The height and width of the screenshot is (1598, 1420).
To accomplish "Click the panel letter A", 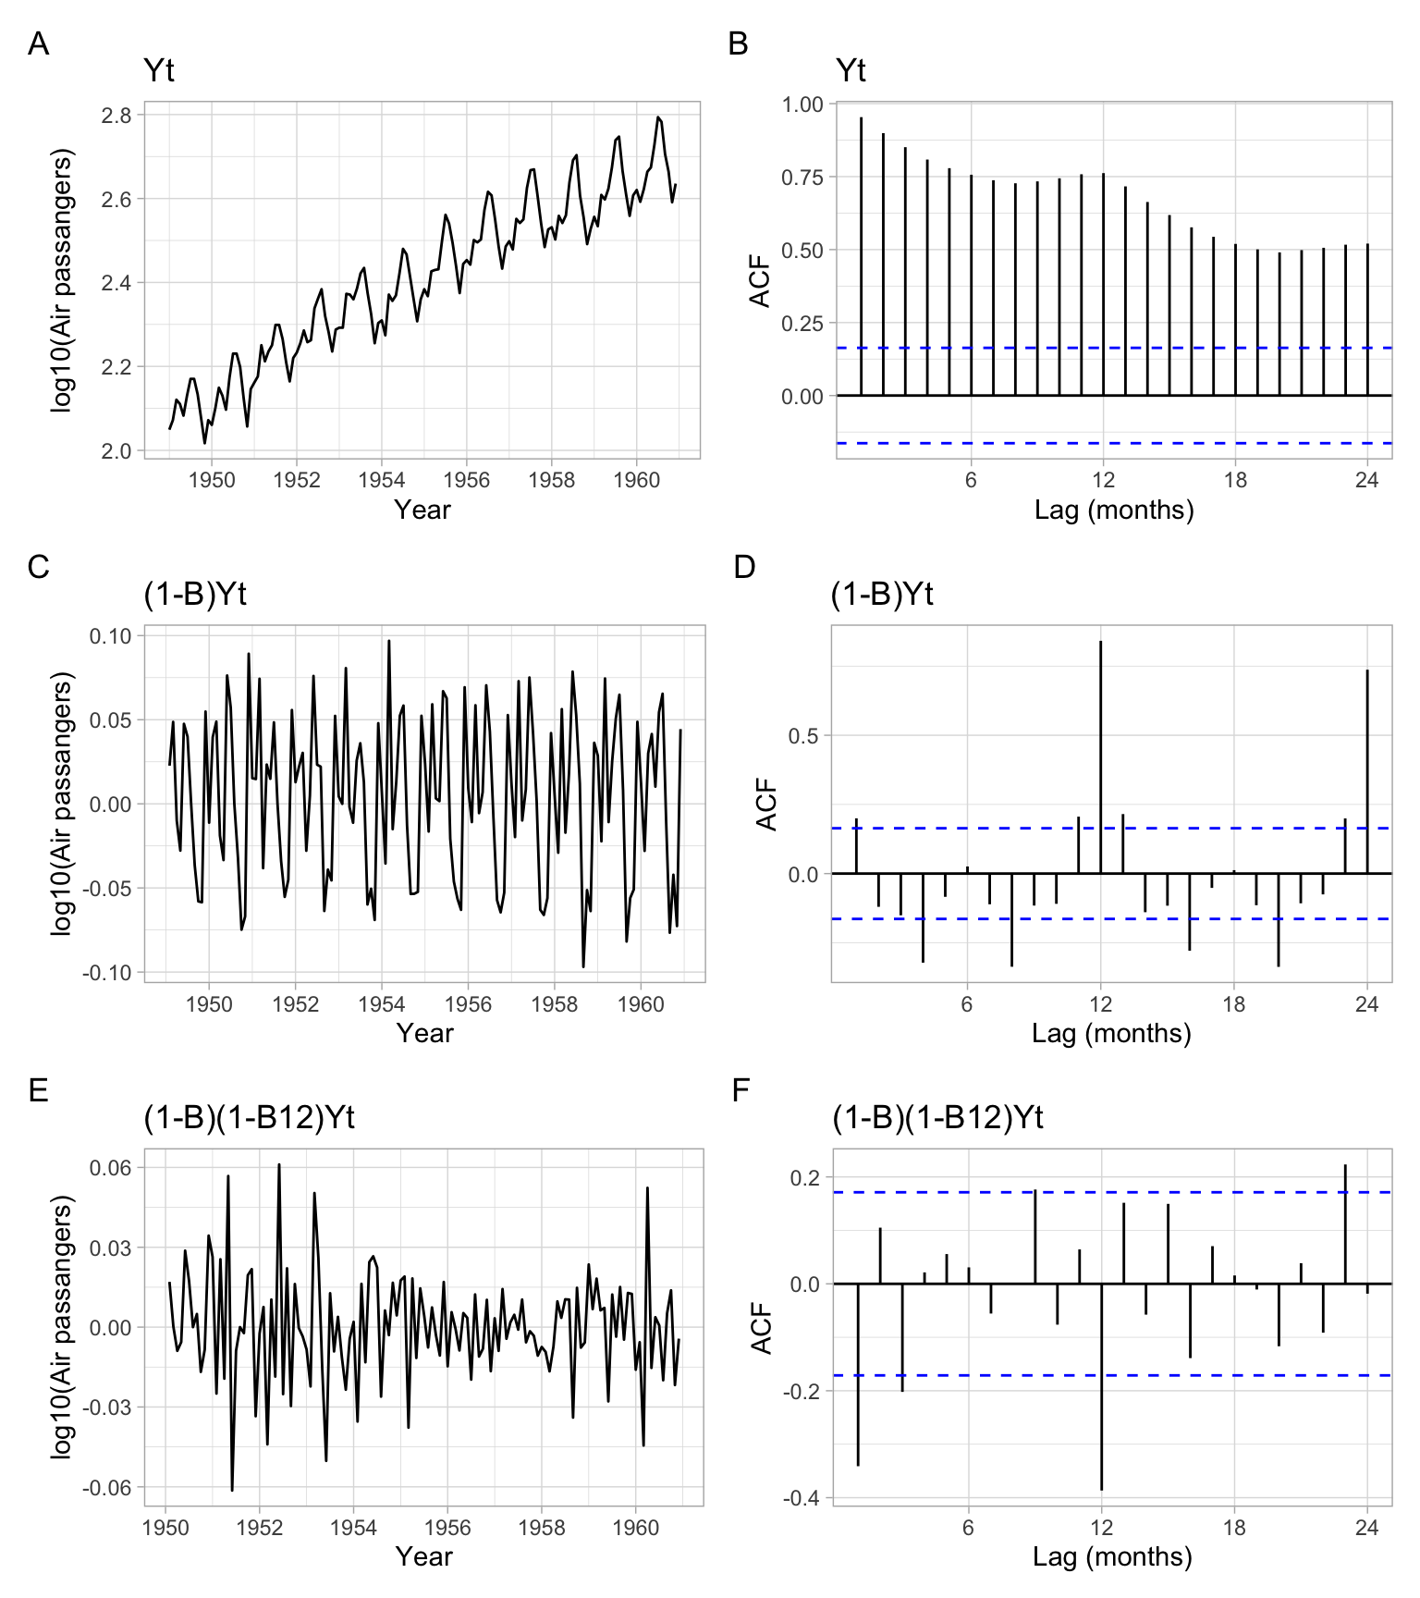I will pyautogui.click(x=38, y=44).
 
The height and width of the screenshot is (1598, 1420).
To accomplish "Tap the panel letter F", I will pyautogui.click(x=741, y=1091).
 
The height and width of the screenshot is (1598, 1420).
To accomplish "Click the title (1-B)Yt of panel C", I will pyautogui.click(x=195, y=594).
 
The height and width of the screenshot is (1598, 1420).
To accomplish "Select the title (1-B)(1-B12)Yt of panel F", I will pyautogui.click(x=937, y=1118).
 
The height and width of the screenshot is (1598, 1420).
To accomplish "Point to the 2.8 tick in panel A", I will pyautogui.click(x=116, y=116).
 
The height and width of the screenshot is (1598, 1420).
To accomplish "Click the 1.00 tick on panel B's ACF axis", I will pyautogui.click(x=802, y=104).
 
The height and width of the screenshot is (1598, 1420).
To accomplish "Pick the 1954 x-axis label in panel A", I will pyautogui.click(x=382, y=480).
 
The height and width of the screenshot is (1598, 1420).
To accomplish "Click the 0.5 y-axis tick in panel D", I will pyautogui.click(x=804, y=736).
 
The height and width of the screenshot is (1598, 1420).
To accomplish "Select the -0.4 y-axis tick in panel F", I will pyautogui.click(x=802, y=1498).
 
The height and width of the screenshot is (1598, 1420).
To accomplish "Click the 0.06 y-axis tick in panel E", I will pyautogui.click(x=110, y=1168).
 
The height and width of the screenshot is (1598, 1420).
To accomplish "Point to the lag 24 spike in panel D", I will pyautogui.click(x=1367, y=771).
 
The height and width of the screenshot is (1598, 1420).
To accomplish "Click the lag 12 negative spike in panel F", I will pyautogui.click(x=1102, y=1386).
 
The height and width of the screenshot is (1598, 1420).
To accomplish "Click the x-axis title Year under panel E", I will pyautogui.click(x=423, y=1556).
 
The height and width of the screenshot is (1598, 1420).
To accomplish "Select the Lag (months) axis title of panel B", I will pyautogui.click(x=1114, y=510).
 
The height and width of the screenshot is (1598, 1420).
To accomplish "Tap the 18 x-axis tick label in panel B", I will pyautogui.click(x=1235, y=480).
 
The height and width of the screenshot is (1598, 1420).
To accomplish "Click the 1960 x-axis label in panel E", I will pyautogui.click(x=636, y=1528).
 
